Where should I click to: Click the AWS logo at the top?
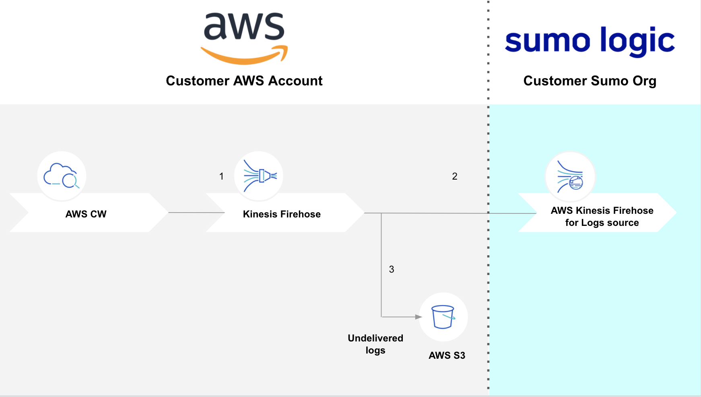[244, 38]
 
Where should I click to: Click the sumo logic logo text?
[590, 41]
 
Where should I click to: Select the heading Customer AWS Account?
[244, 81]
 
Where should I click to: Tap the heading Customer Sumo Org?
[590, 81]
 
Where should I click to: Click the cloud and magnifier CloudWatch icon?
[62, 176]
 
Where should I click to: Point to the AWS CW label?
[86, 214]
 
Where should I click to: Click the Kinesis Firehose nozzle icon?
[259, 176]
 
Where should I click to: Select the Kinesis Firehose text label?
[282, 214]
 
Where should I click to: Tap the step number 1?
[221, 176]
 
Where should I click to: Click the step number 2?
[455, 176]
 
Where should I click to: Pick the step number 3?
[392, 269]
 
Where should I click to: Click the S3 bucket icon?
[443, 317]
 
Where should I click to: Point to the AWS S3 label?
[447, 356]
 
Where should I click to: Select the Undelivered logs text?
[375, 344]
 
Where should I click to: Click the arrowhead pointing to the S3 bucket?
[419, 317]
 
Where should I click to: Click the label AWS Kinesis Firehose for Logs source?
[602, 217]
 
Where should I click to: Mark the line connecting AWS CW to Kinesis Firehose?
[196, 212]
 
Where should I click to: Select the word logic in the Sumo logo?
[637, 41]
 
